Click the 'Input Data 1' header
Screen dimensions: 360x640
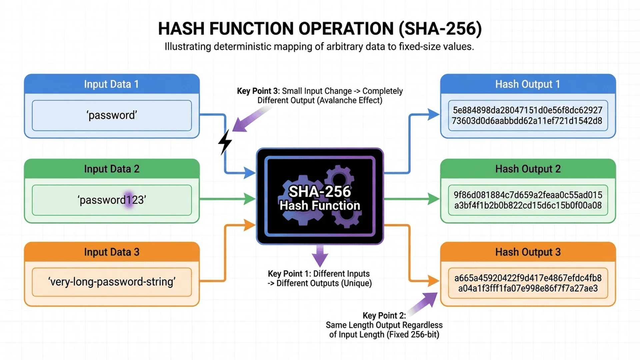click(111, 84)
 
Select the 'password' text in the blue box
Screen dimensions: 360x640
click(112, 115)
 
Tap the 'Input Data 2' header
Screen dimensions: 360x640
click(111, 169)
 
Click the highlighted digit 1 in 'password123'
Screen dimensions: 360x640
click(129, 200)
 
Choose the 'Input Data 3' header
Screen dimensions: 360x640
click(111, 252)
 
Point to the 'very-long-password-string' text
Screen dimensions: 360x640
click(112, 282)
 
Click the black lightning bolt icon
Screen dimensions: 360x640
click(225, 142)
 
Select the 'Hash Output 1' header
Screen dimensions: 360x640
click(527, 84)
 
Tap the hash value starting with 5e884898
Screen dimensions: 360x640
click(527, 115)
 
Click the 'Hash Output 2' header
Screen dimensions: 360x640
click(527, 169)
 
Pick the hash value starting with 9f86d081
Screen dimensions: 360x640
click(527, 200)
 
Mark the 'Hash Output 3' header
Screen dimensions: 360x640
click(527, 252)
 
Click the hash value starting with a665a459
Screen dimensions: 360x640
click(527, 283)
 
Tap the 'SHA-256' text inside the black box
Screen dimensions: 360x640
click(319, 192)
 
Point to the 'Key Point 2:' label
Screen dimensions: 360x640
click(384, 316)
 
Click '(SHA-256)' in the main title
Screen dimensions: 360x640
click(440, 29)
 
